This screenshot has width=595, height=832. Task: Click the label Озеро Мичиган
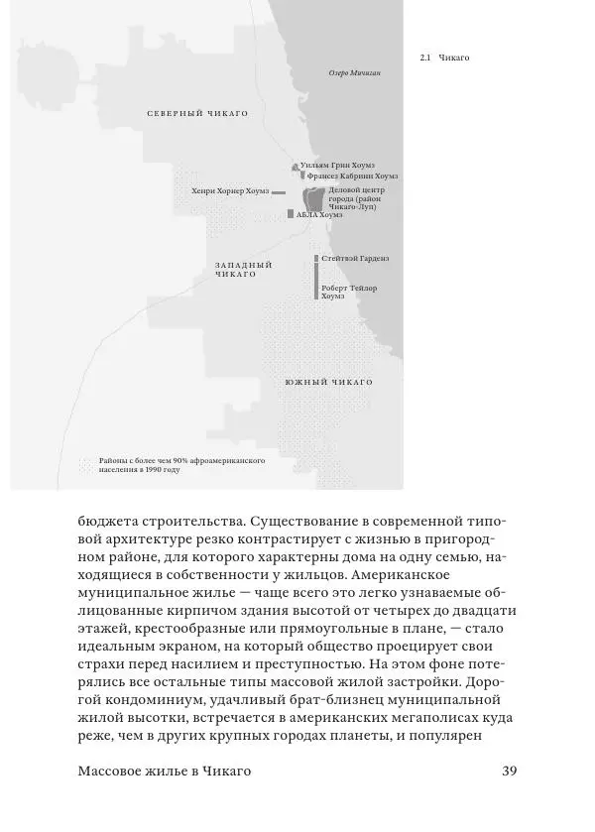pyautogui.click(x=354, y=73)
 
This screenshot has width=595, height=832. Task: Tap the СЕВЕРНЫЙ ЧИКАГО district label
pyautogui.click(x=197, y=114)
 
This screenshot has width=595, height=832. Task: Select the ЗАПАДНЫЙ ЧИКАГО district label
pyautogui.click(x=243, y=269)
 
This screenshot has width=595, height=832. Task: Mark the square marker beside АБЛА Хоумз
pyautogui.click(x=290, y=213)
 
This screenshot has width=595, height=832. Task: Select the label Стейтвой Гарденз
pyautogui.click(x=355, y=258)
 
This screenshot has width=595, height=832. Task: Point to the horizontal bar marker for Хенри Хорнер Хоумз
pyautogui.click(x=279, y=192)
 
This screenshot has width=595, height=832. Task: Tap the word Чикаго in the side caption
pyautogui.click(x=453, y=58)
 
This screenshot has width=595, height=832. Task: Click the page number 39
pyautogui.click(x=511, y=772)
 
